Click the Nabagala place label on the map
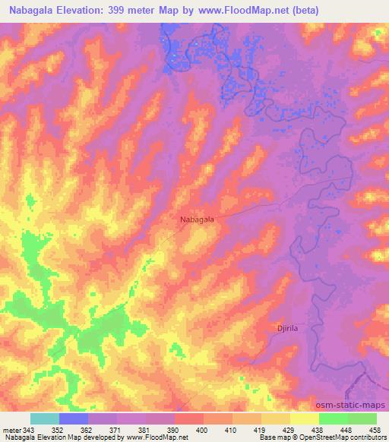(x=197, y=219)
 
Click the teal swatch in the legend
(x=45, y=418)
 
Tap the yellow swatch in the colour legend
(x=305, y=418)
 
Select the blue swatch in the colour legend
(x=74, y=418)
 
